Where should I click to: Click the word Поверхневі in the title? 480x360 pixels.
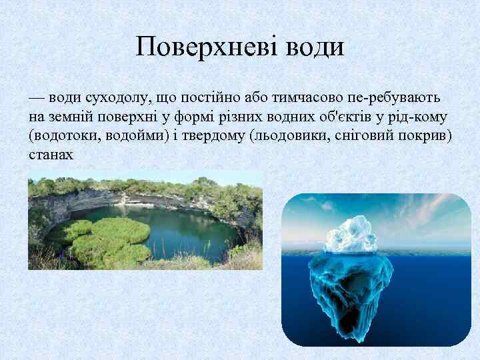pos(199,47)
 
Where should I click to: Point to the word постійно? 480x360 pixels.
pos(193,98)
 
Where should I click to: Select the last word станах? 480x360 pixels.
pos(49,155)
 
